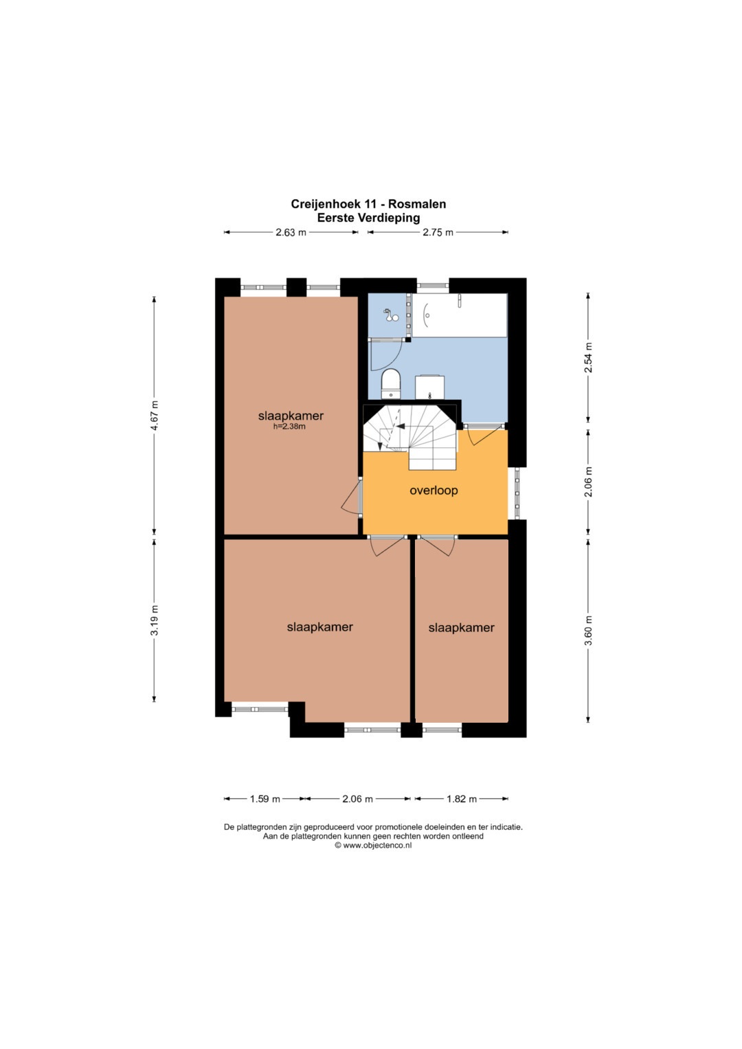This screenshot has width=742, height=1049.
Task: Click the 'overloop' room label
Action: pos(434,490)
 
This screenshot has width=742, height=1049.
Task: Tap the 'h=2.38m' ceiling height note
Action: pos(289,427)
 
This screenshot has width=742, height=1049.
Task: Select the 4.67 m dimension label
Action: pos(155,416)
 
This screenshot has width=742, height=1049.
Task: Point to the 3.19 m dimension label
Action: pos(155,620)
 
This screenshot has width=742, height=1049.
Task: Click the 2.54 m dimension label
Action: pos(588,357)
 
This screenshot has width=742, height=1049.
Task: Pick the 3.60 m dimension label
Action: pos(588,630)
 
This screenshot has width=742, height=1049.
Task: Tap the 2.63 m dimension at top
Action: pos(291,232)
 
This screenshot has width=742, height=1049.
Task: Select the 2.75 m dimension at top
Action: pos(438,232)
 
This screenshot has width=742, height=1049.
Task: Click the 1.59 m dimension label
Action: pos(265,799)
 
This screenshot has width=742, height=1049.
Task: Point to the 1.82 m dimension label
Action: pos(462,799)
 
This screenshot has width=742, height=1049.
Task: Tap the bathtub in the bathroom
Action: pos(460,315)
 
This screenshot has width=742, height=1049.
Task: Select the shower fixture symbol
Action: pos(390,315)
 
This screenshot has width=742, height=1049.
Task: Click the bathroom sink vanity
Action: pos(430,387)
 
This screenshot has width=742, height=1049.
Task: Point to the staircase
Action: pos(410,437)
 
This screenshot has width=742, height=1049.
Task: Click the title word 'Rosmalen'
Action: pos(416,204)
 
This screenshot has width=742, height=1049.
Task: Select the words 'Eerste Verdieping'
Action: pos(368,218)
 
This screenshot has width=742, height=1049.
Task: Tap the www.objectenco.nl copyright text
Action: pos(373,845)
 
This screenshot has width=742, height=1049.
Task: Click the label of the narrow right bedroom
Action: pos(462,627)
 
